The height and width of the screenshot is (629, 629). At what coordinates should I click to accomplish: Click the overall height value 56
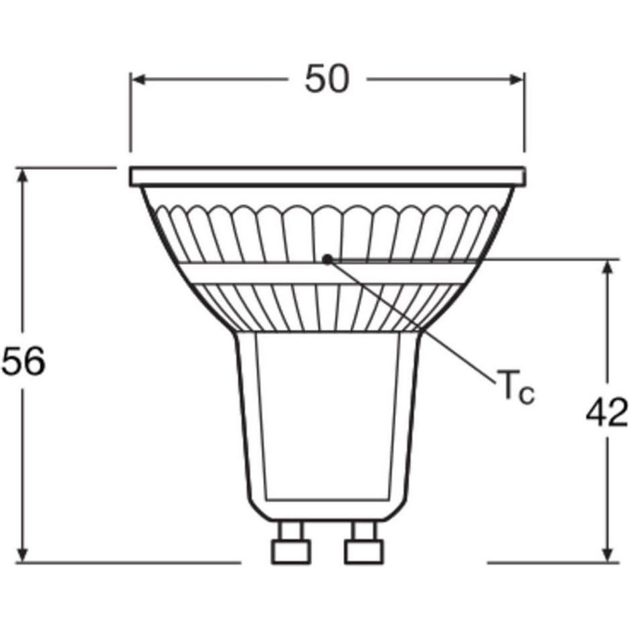click(x=23, y=362)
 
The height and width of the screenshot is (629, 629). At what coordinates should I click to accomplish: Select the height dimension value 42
click(x=607, y=413)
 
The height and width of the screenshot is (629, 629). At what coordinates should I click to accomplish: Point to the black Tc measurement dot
click(x=327, y=259)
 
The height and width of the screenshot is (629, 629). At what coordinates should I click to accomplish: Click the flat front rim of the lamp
click(x=327, y=177)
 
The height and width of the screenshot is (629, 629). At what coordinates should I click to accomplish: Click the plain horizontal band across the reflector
click(x=268, y=273)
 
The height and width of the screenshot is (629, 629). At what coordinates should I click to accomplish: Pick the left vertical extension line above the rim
click(x=130, y=114)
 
